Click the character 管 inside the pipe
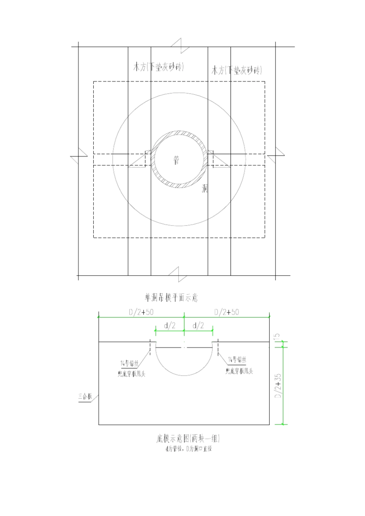tap(176, 160)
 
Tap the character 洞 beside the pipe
tap(205, 188)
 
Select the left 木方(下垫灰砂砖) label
tap(158, 67)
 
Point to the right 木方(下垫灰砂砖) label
tap(237, 70)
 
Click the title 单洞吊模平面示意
tap(171, 297)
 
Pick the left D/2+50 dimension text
tap(141, 312)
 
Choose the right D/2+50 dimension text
tap(226, 312)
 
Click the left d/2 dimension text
tap(170, 326)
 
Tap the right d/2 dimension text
tap(198, 326)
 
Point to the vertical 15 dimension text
tap(277, 337)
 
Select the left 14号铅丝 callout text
tap(129, 363)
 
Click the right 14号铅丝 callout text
tap(237, 360)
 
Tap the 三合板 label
tap(85, 396)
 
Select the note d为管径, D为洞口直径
tap(189, 448)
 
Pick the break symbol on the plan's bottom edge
tap(178, 274)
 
